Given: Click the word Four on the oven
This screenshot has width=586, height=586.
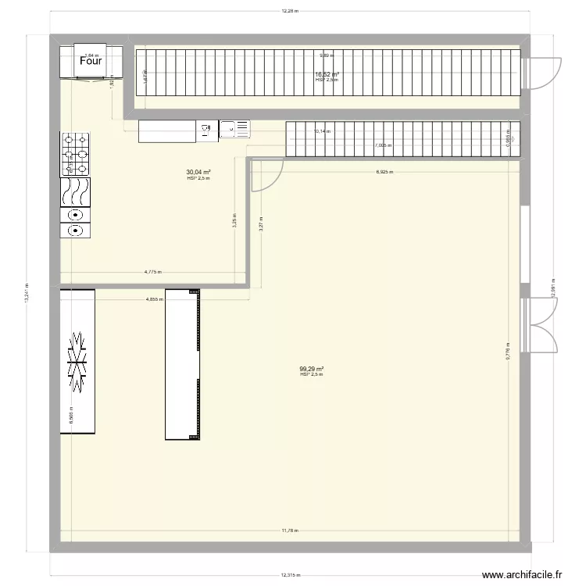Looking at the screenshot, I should point(91,62).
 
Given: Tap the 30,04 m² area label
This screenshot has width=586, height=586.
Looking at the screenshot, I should point(198,172).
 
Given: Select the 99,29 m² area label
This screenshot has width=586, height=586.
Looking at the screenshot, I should point(311,370).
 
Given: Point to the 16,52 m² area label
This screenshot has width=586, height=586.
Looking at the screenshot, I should point(327,75).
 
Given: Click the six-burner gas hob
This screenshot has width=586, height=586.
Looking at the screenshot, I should point(76,153).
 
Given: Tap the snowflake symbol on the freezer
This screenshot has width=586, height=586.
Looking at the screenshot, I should point(77,360).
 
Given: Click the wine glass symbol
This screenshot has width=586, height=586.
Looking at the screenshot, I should point(208,130).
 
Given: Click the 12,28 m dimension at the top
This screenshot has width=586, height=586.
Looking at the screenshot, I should point(290,12).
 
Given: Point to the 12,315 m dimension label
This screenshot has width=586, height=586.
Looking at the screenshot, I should point(290,577).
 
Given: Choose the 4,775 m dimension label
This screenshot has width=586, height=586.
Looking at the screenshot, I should point(152,272).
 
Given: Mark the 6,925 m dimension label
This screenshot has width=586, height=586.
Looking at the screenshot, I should point(384,172).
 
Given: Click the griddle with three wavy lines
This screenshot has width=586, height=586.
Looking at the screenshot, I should point(76,191).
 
